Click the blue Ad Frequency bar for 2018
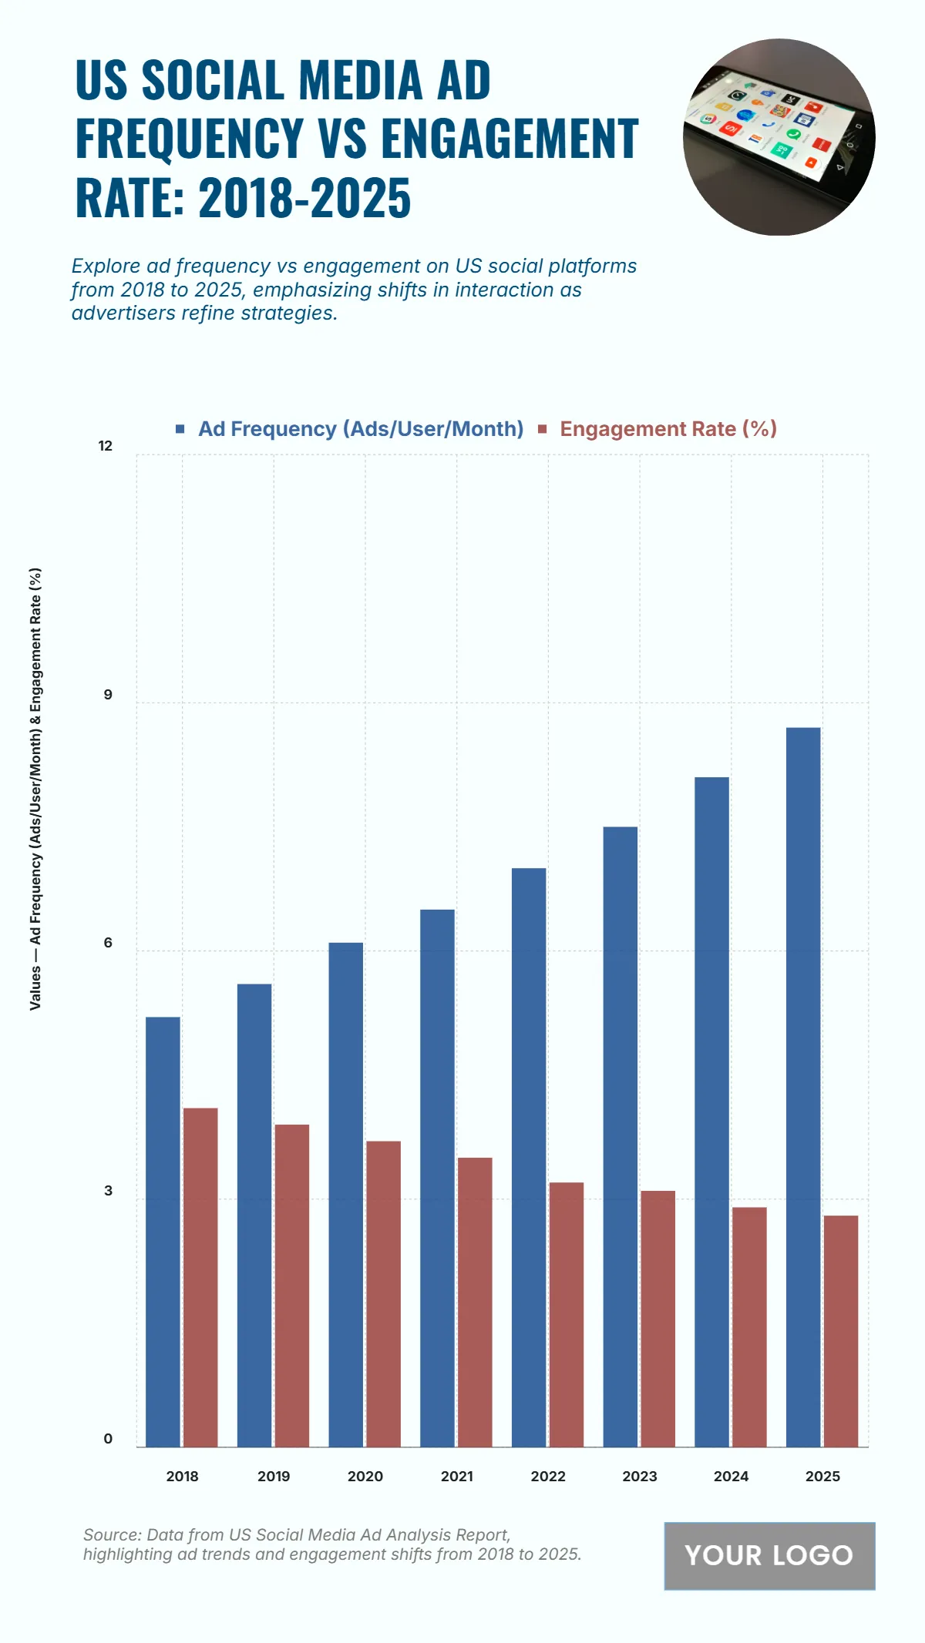point(163,1232)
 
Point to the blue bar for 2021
point(437,1179)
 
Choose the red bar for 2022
point(567,1314)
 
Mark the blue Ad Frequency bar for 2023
point(620,1137)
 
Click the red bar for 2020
point(383,1294)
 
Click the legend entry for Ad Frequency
point(360,429)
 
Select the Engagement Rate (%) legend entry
point(668,429)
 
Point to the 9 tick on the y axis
point(108,695)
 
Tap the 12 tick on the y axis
point(106,446)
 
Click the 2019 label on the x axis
point(274,1477)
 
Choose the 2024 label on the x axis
point(731,1477)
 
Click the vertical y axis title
point(35,789)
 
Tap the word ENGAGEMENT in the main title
point(510,139)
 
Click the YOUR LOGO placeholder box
point(769,1555)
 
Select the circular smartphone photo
point(779,137)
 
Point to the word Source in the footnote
point(111,1534)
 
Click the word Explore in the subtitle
point(106,267)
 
